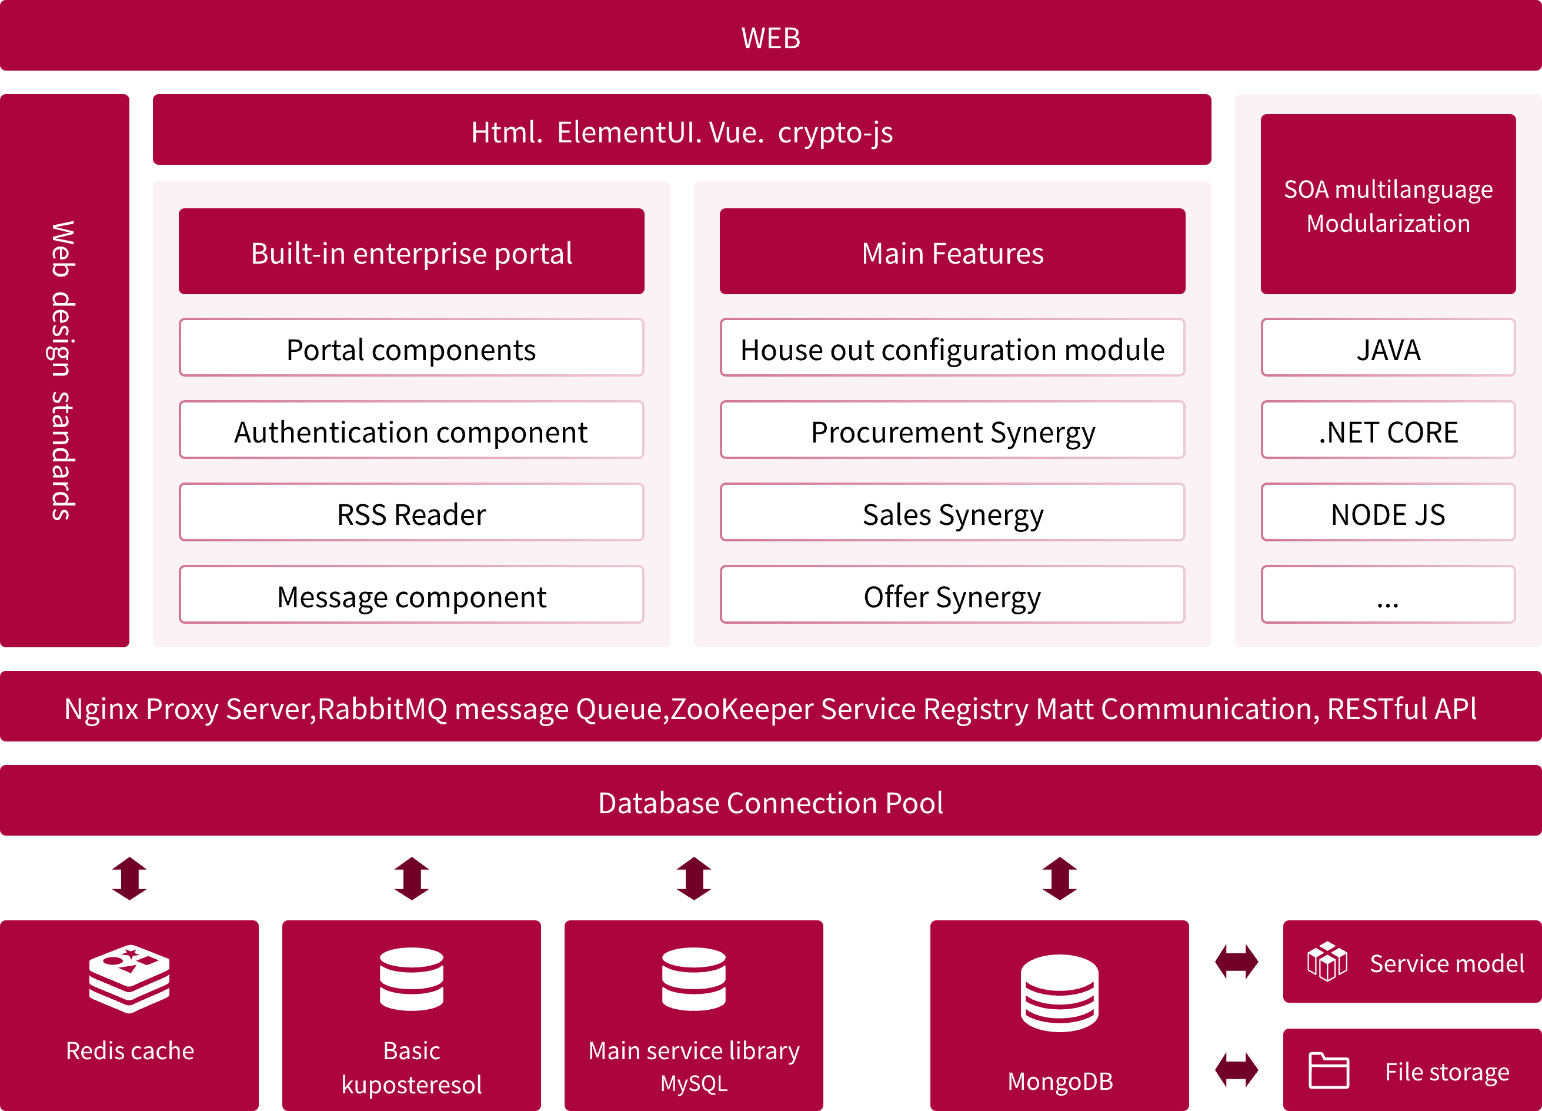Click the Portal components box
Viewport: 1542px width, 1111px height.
pyautogui.click(x=410, y=348)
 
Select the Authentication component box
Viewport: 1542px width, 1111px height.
pyautogui.click(x=410, y=430)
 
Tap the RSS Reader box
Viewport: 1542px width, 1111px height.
pyautogui.click(x=410, y=513)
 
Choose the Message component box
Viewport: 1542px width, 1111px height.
pyautogui.click(x=410, y=594)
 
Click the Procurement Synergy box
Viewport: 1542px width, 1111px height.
pyautogui.click(x=952, y=430)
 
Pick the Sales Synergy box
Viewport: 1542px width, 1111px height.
pyautogui.click(x=952, y=513)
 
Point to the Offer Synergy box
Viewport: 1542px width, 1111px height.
pyautogui.click(x=952, y=594)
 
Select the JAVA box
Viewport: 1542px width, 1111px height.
pyautogui.click(x=1388, y=348)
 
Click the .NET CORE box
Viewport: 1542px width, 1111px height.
pyautogui.click(x=1388, y=430)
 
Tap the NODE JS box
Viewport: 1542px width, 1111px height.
pyautogui.click(x=1388, y=513)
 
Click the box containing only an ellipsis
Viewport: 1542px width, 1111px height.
pyautogui.click(x=1388, y=594)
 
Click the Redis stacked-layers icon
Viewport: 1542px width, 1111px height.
pyautogui.click(x=129, y=979)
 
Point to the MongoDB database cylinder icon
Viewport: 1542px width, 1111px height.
pyautogui.click(x=1059, y=993)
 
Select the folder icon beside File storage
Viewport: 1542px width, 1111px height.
pyautogui.click(x=1329, y=1070)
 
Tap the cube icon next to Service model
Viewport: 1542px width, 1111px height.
pyautogui.click(x=1327, y=962)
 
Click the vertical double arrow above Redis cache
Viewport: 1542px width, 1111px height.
pyautogui.click(x=129, y=879)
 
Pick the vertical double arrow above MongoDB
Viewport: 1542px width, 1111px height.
pyautogui.click(x=1059, y=879)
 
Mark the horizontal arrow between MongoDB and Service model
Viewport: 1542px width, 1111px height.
pyautogui.click(x=1236, y=962)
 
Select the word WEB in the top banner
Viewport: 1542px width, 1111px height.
pyautogui.click(x=770, y=38)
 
